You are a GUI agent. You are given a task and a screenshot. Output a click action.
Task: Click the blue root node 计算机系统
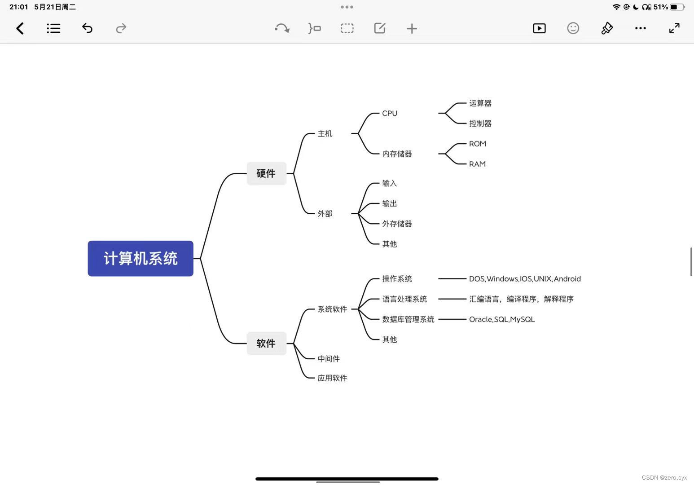(x=141, y=258)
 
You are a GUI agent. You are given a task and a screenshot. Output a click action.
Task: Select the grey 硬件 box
(x=266, y=173)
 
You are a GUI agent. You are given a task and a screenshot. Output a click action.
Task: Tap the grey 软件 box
(x=266, y=344)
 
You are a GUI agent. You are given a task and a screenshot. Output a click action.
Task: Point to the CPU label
(x=390, y=113)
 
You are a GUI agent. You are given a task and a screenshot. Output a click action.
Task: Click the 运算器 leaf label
(x=480, y=103)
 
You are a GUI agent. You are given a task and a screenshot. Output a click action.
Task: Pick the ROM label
(x=478, y=144)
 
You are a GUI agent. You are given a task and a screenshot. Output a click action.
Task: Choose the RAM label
(x=477, y=164)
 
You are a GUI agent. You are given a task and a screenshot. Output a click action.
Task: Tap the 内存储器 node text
(x=397, y=154)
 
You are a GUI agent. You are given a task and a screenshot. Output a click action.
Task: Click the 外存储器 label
(x=397, y=224)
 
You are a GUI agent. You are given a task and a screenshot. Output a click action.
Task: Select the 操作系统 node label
(x=397, y=279)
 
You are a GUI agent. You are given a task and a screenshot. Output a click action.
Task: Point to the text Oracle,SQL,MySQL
(x=502, y=319)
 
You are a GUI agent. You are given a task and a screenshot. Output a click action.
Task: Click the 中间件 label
(x=329, y=359)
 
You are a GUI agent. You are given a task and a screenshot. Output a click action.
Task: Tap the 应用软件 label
(x=332, y=378)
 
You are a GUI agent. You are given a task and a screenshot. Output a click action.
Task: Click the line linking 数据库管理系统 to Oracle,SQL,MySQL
(x=452, y=319)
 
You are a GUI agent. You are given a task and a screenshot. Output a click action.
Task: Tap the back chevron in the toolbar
(x=20, y=29)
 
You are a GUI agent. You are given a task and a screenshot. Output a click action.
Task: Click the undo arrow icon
(x=87, y=29)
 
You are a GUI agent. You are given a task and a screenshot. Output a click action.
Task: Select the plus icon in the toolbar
(x=412, y=29)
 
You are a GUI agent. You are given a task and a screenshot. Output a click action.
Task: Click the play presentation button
(x=539, y=29)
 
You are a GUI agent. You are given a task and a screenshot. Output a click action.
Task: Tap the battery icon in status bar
(x=677, y=7)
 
